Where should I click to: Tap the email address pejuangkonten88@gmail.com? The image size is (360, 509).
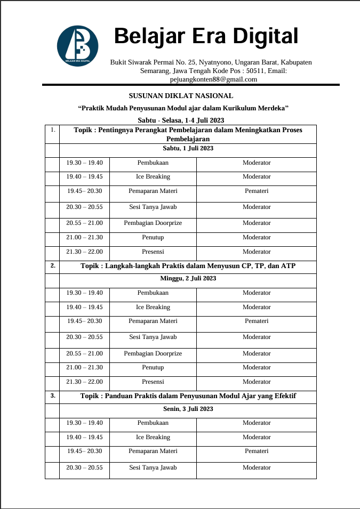213,79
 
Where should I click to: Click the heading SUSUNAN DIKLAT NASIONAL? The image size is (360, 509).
181,96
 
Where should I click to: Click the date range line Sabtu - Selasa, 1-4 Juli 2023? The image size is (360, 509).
181,120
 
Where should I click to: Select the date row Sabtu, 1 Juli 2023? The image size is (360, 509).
188,148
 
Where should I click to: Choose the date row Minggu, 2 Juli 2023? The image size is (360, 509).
188,278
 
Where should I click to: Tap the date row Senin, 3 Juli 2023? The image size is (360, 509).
188,409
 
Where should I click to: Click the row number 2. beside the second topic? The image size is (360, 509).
52,265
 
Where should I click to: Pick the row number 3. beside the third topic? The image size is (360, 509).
52,395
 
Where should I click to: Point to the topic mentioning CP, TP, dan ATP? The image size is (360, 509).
188,265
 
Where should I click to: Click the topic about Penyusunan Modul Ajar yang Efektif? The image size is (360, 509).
188,396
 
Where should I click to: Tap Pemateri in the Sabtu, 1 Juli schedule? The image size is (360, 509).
257,191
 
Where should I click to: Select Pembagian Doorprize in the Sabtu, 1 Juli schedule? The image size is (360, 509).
153,223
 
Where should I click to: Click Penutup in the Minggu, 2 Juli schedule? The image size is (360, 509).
153,368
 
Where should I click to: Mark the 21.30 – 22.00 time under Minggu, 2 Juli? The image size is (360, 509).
84,382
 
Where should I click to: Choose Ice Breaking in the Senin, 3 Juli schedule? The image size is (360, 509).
153,437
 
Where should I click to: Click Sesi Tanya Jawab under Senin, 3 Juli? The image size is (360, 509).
153,467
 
